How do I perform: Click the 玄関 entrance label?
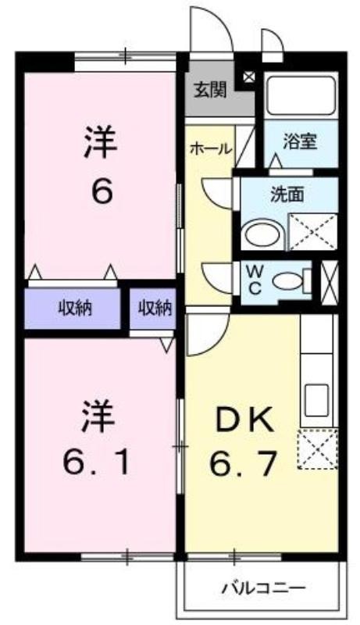[x=210, y=90]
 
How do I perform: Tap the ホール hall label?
[x=211, y=148]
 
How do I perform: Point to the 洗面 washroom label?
[x=287, y=194]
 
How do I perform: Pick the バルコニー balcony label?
[x=264, y=587]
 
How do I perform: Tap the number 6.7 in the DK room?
[x=243, y=462]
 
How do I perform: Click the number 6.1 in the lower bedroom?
[x=97, y=462]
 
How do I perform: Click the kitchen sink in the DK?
[x=316, y=400]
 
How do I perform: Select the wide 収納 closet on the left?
[x=73, y=309]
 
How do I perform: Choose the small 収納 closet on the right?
[x=154, y=309]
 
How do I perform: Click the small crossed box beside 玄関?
[x=248, y=76]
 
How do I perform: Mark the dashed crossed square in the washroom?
[x=312, y=232]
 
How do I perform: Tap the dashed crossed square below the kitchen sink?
[x=318, y=448]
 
